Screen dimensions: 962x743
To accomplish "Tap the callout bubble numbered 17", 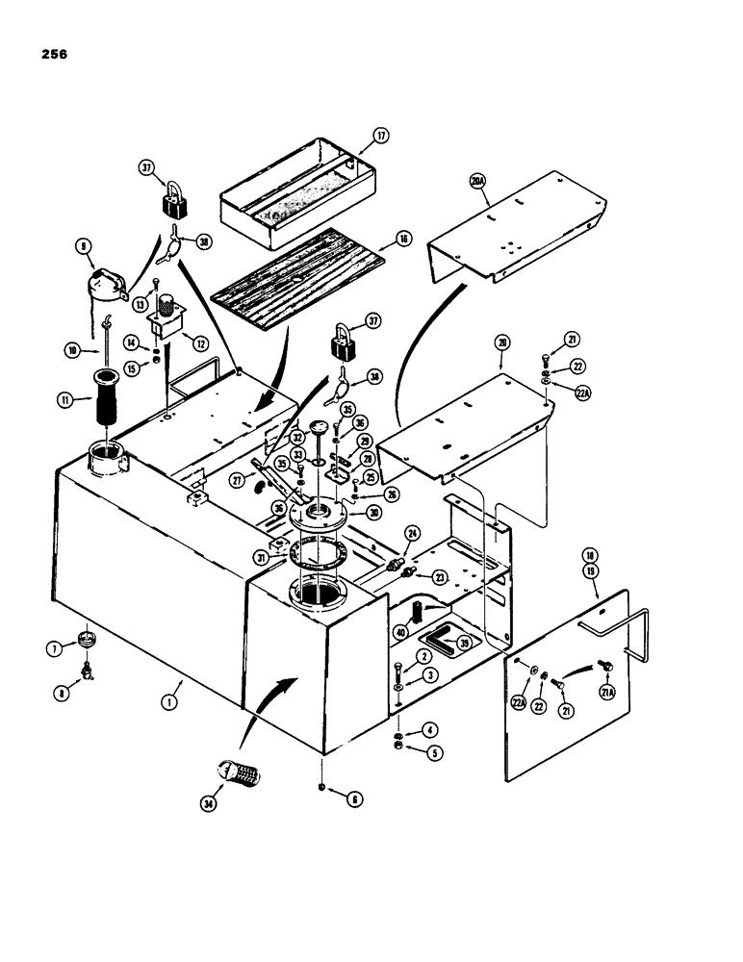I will coord(382,136).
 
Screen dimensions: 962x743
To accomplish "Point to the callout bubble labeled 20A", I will coord(478,182).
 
